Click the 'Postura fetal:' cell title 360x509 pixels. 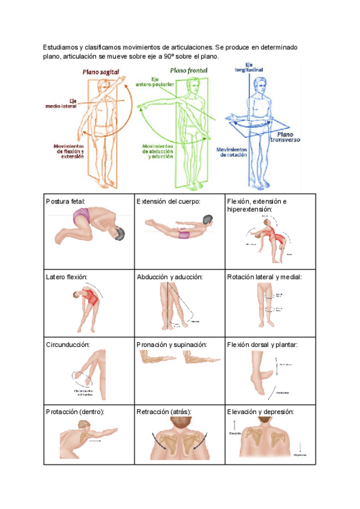(66, 201)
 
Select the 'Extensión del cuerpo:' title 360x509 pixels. (168, 201)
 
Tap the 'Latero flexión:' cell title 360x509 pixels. (67, 277)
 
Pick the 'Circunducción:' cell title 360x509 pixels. (68, 345)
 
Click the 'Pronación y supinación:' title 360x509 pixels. (172, 345)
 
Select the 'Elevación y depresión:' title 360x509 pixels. (260, 412)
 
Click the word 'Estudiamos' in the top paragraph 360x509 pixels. (62, 47)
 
